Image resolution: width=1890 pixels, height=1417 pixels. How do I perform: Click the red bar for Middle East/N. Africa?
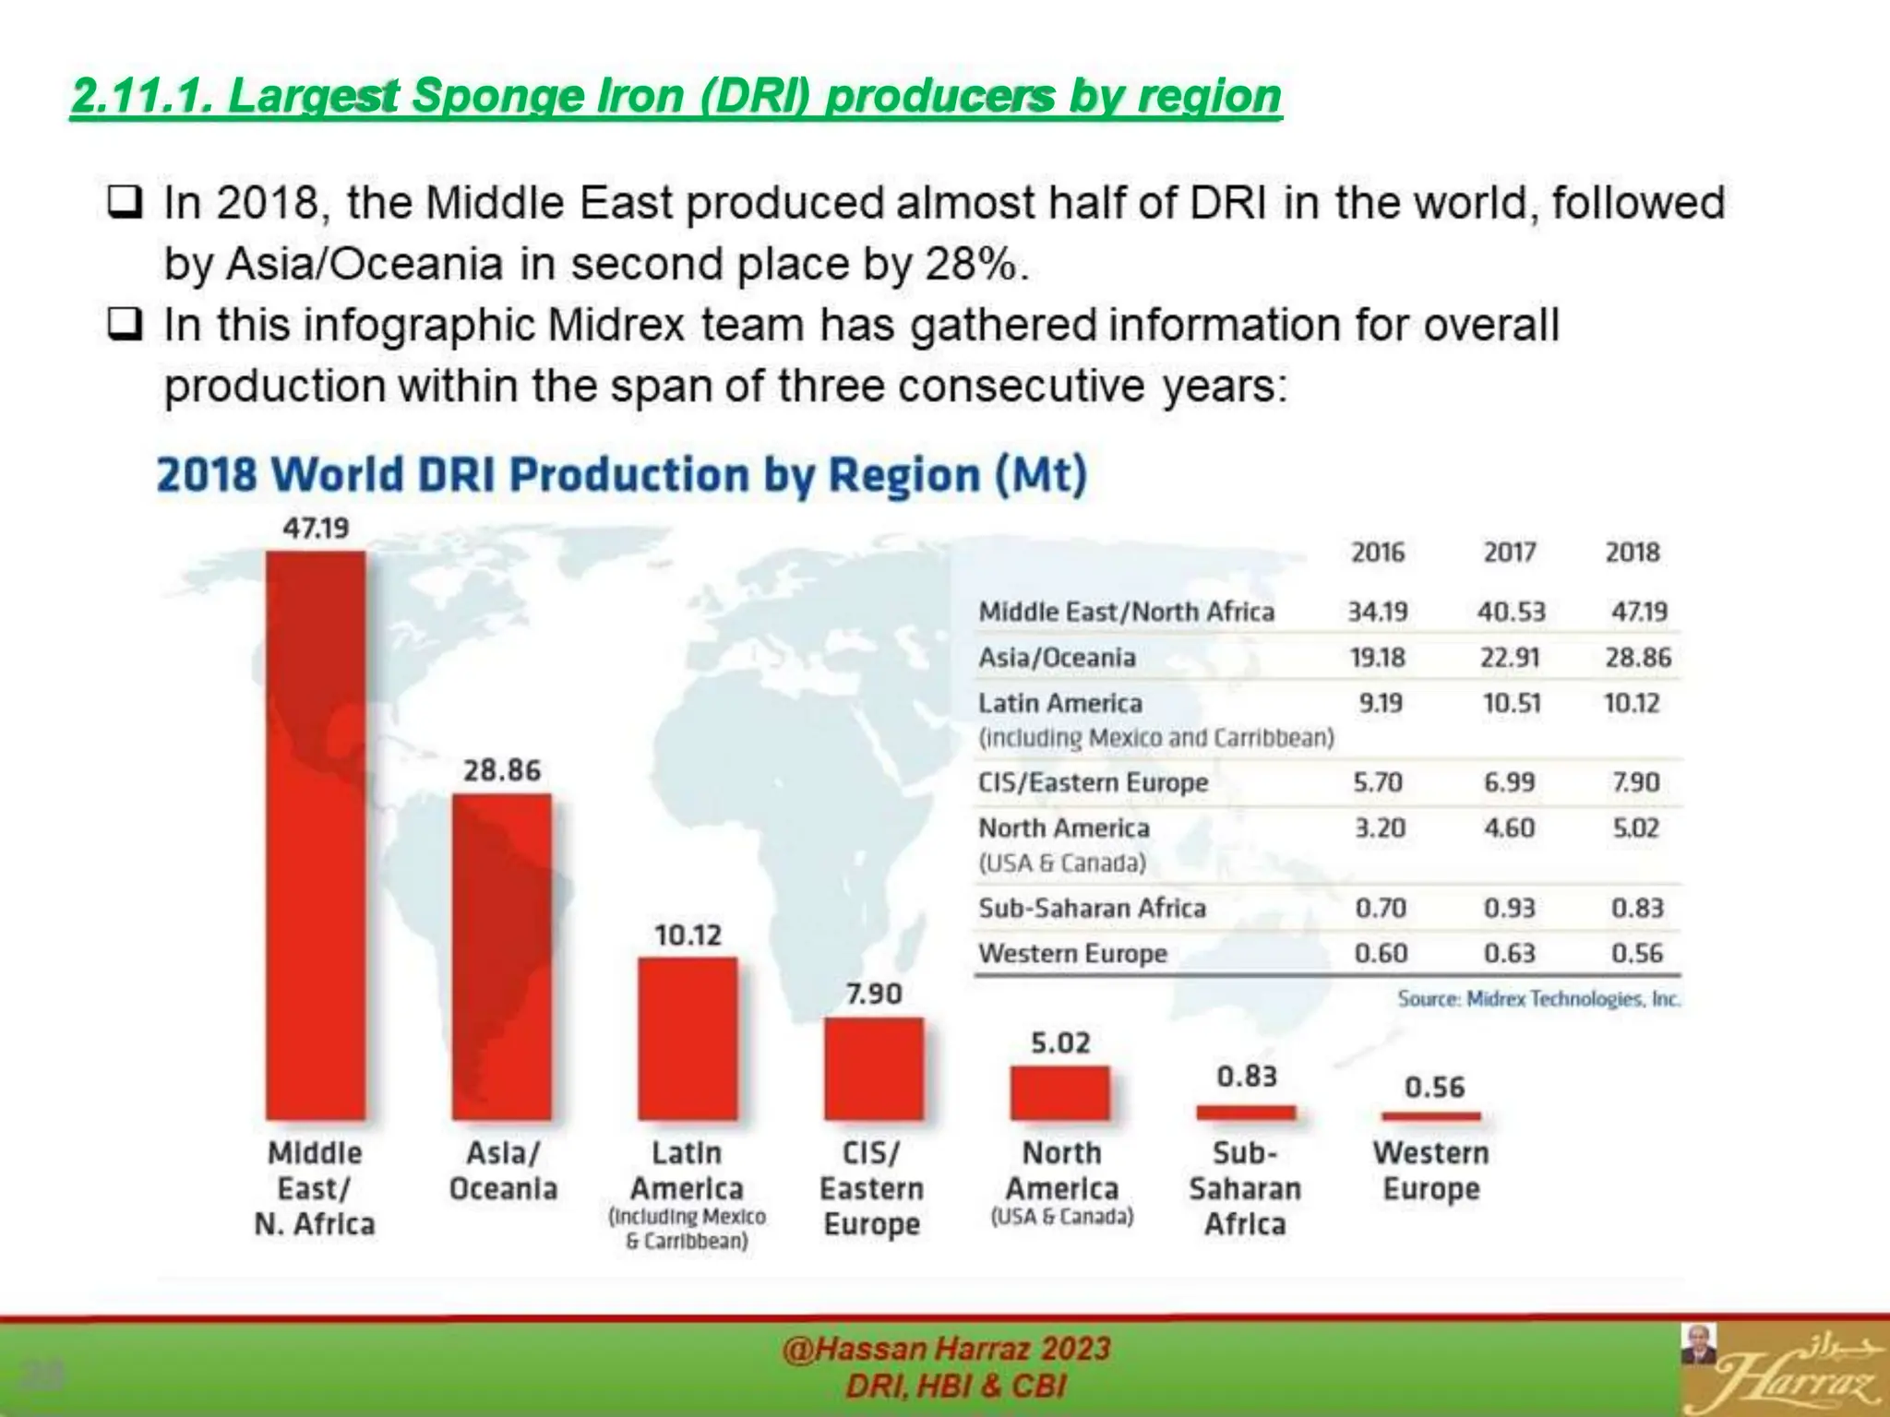[316, 835]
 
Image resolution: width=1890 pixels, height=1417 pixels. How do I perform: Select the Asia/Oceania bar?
[502, 957]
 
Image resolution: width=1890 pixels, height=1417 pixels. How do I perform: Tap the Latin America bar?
[688, 1039]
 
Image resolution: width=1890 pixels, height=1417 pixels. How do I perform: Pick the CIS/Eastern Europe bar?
[874, 1068]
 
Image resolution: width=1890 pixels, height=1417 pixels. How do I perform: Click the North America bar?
[1060, 1093]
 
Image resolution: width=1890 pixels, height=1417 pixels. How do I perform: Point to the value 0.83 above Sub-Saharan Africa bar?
[1247, 1077]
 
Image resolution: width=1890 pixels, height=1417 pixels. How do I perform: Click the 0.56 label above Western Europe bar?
[1434, 1088]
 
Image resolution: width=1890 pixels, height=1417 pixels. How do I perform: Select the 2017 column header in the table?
[1510, 553]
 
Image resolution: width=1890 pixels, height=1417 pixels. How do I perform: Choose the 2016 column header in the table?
[1378, 553]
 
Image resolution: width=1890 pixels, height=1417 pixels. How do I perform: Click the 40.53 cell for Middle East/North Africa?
[1511, 612]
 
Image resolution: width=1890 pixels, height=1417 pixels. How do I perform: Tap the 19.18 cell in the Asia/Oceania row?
[1378, 658]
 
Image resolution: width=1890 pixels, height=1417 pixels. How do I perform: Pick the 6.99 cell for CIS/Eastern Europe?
[1510, 782]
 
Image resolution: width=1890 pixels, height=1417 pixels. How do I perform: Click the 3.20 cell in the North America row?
[1380, 828]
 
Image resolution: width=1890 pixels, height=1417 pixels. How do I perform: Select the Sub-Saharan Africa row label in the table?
[1092, 908]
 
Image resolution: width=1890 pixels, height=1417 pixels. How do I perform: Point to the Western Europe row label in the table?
[1072, 953]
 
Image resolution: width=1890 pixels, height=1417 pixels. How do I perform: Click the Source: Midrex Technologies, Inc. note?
[1538, 999]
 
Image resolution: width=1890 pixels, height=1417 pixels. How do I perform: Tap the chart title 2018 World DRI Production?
[621, 476]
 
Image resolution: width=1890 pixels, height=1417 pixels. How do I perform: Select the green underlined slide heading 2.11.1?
[676, 96]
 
